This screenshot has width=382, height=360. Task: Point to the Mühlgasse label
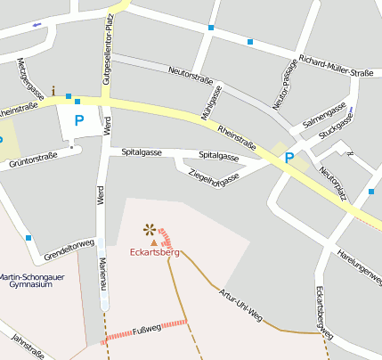click(211, 103)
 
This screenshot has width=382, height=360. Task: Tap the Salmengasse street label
click(324, 117)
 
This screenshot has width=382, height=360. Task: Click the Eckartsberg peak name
click(153, 253)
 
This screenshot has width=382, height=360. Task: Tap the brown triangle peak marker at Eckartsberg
click(153, 241)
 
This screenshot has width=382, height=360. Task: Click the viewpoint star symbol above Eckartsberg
click(149, 228)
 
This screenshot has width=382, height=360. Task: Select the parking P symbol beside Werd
click(79, 119)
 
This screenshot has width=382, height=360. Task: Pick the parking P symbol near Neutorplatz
click(289, 158)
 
